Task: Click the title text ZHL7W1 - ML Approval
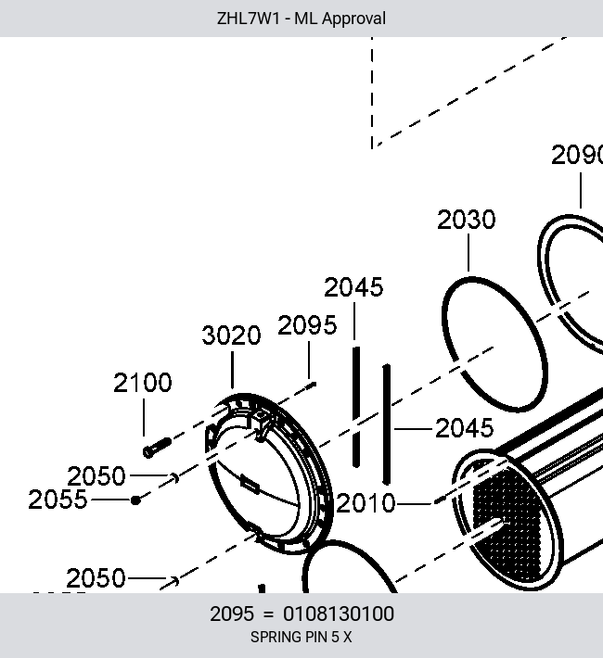(x=301, y=19)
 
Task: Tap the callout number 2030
(x=467, y=220)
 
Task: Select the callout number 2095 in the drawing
(x=307, y=325)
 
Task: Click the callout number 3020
(x=232, y=335)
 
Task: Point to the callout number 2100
(x=143, y=383)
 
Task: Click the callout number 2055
(x=58, y=500)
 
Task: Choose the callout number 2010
(x=366, y=502)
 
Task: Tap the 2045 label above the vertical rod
(x=353, y=287)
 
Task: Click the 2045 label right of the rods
(x=465, y=428)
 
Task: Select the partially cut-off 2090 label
(x=577, y=155)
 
